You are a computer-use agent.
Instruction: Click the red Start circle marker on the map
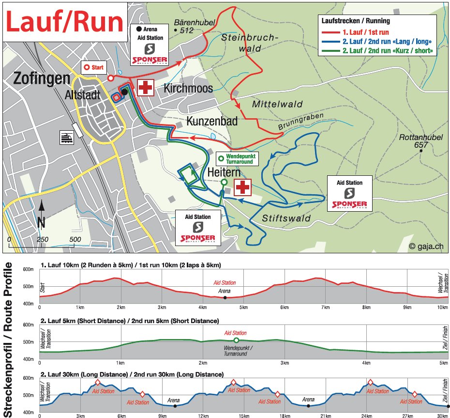(x=110, y=77)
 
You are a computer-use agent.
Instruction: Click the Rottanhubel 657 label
(x=421, y=141)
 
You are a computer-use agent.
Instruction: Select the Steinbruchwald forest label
(x=249, y=43)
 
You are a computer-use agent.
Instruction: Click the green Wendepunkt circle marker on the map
(x=224, y=182)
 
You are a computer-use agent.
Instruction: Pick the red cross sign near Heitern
(x=242, y=186)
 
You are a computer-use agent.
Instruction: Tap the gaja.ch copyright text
(x=425, y=247)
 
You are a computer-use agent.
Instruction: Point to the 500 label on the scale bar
(x=75, y=239)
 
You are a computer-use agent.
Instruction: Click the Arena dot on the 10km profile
(x=225, y=297)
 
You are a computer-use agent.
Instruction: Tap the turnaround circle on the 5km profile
(x=236, y=341)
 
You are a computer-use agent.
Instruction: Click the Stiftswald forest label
(x=286, y=218)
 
